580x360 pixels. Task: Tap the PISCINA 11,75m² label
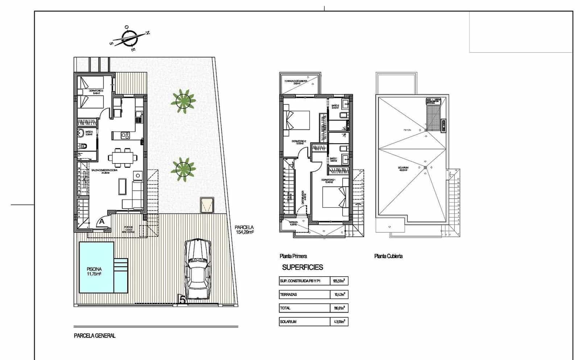tap(94, 272)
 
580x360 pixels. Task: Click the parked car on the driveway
tap(198, 269)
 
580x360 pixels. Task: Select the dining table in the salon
tap(123, 157)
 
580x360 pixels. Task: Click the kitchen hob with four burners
tap(125, 135)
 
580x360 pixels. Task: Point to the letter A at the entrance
tap(102, 221)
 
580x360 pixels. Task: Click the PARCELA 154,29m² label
tap(245, 230)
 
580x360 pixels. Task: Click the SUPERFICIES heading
tap(302, 268)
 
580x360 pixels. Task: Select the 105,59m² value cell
tap(339, 281)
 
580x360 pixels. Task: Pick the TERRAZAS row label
tap(289, 295)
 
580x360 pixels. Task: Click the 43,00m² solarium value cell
tap(339, 322)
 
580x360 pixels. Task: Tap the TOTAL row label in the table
tap(285, 308)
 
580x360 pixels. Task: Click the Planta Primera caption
tap(293, 256)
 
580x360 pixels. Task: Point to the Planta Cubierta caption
tap(388, 256)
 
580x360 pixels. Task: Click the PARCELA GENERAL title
tap(95, 336)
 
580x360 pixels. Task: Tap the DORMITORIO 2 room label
tap(299, 142)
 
